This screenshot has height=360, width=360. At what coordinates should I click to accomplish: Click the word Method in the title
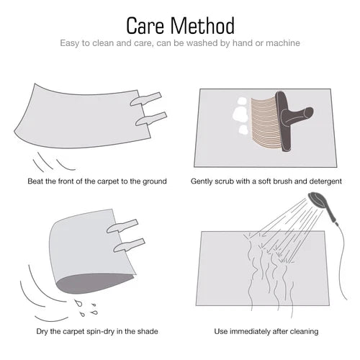click(x=202, y=25)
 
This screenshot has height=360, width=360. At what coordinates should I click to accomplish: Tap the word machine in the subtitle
click(x=283, y=43)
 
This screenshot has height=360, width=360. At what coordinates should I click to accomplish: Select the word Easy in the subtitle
click(x=70, y=44)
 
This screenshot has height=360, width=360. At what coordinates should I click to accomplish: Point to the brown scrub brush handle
click(x=294, y=120)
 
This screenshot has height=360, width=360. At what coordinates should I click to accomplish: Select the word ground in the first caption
click(x=155, y=181)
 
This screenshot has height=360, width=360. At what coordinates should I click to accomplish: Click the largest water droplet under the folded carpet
click(x=78, y=303)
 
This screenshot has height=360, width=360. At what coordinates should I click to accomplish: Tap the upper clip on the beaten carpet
click(x=145, y=99)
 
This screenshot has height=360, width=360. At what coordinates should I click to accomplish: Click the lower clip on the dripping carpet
click(x=129, y=246)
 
